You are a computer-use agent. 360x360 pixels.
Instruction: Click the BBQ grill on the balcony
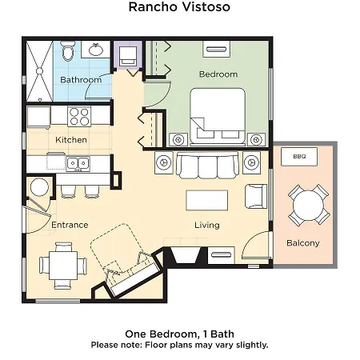pyautogui.click(x=299, y=157)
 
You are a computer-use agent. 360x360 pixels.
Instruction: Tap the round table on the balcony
pyautogui.click(x=308, y=206)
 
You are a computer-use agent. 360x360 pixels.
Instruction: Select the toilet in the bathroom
pyautogui.click(x=67, y=51)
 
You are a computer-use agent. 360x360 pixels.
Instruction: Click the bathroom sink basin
pyautogui.click(x=96, y=50)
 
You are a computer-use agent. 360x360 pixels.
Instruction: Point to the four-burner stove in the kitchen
pyautogui.click(x=79, y=116)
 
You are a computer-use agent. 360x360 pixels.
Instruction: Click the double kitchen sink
pyautogui.click(x=78, y=163)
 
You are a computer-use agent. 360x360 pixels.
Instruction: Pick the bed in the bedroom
pyautogui.click(x=218, y=117)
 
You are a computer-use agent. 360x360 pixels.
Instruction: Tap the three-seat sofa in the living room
pyautogui.click(x=207, y=166)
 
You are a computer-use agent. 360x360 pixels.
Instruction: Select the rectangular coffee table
pyautogui.click(x=207, y=200)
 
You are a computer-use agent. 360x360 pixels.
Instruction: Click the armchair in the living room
pyautogui.click(x=256, y=196)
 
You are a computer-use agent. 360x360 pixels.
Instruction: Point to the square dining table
pyautogui.click(x=63, y=266)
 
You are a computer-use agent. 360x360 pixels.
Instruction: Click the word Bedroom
pyautogui.click(x=218, y=74)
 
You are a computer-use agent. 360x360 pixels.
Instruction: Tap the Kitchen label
pyautogui.click(x=71, y=140)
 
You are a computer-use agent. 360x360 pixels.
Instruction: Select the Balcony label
pyautogui.click(x=303, y=243)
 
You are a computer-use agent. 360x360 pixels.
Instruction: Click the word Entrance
pyautogui.click(x=70, y=225)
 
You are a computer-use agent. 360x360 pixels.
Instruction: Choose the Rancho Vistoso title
pyautogui.click(x=179, y=6)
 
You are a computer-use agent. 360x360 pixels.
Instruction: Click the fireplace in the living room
pyautogui.click(x=186, y=256)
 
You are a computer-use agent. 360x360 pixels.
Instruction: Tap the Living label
pyautogui.click(x=207, y=225)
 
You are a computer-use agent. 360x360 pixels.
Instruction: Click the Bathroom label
pyautogui.click(x=81, y=79)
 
